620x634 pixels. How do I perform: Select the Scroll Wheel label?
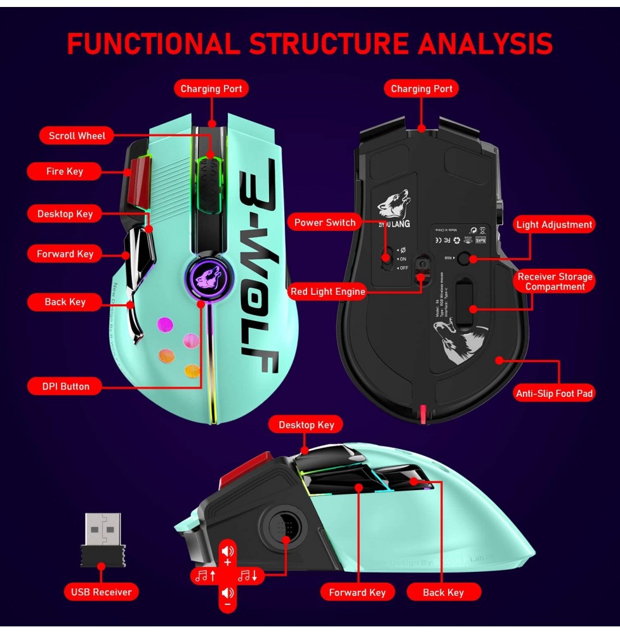77,136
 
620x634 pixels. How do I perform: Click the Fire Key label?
64,171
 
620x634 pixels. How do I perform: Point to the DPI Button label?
65,386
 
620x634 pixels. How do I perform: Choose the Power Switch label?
325,223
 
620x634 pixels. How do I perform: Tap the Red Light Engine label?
327,292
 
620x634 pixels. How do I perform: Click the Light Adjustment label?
553,224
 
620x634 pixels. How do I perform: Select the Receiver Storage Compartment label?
555,281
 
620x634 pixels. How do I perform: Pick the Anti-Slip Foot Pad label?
554,394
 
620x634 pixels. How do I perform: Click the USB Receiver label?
101,592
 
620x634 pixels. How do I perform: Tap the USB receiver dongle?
103,540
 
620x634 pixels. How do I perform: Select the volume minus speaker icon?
228,596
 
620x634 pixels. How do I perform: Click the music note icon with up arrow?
206,576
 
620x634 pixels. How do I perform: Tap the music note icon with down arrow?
248,576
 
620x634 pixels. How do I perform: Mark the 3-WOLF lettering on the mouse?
259,266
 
